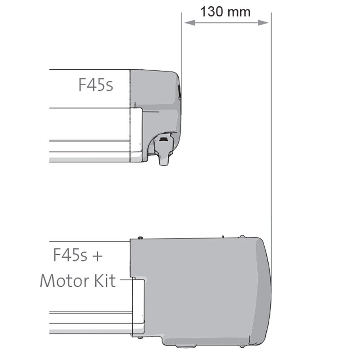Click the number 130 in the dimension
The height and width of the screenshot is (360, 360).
coord(211,11)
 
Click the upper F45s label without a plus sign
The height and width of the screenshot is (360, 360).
coord(96,85)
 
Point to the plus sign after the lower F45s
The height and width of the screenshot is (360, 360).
coord(97,256)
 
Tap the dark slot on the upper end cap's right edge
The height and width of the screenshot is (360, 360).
coord(179,92)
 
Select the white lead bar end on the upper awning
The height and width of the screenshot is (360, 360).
coord(135,130)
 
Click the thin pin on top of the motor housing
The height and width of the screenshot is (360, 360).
coord(223,235)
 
